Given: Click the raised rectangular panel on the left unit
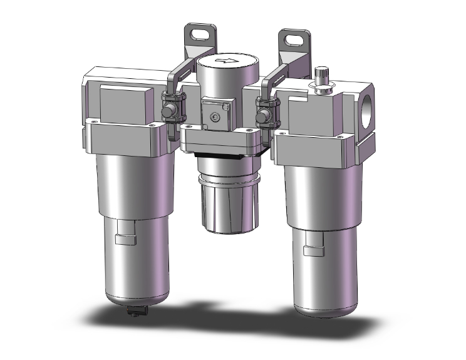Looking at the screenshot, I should pyautogui.click(x=123, y=102).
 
